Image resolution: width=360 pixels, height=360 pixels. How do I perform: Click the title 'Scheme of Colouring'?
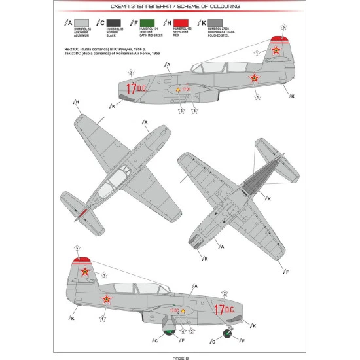[x=179, y=6]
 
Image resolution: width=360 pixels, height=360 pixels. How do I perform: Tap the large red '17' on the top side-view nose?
[x=134, y=90]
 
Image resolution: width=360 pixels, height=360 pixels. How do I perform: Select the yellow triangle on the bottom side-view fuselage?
[x=184, y=310]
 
